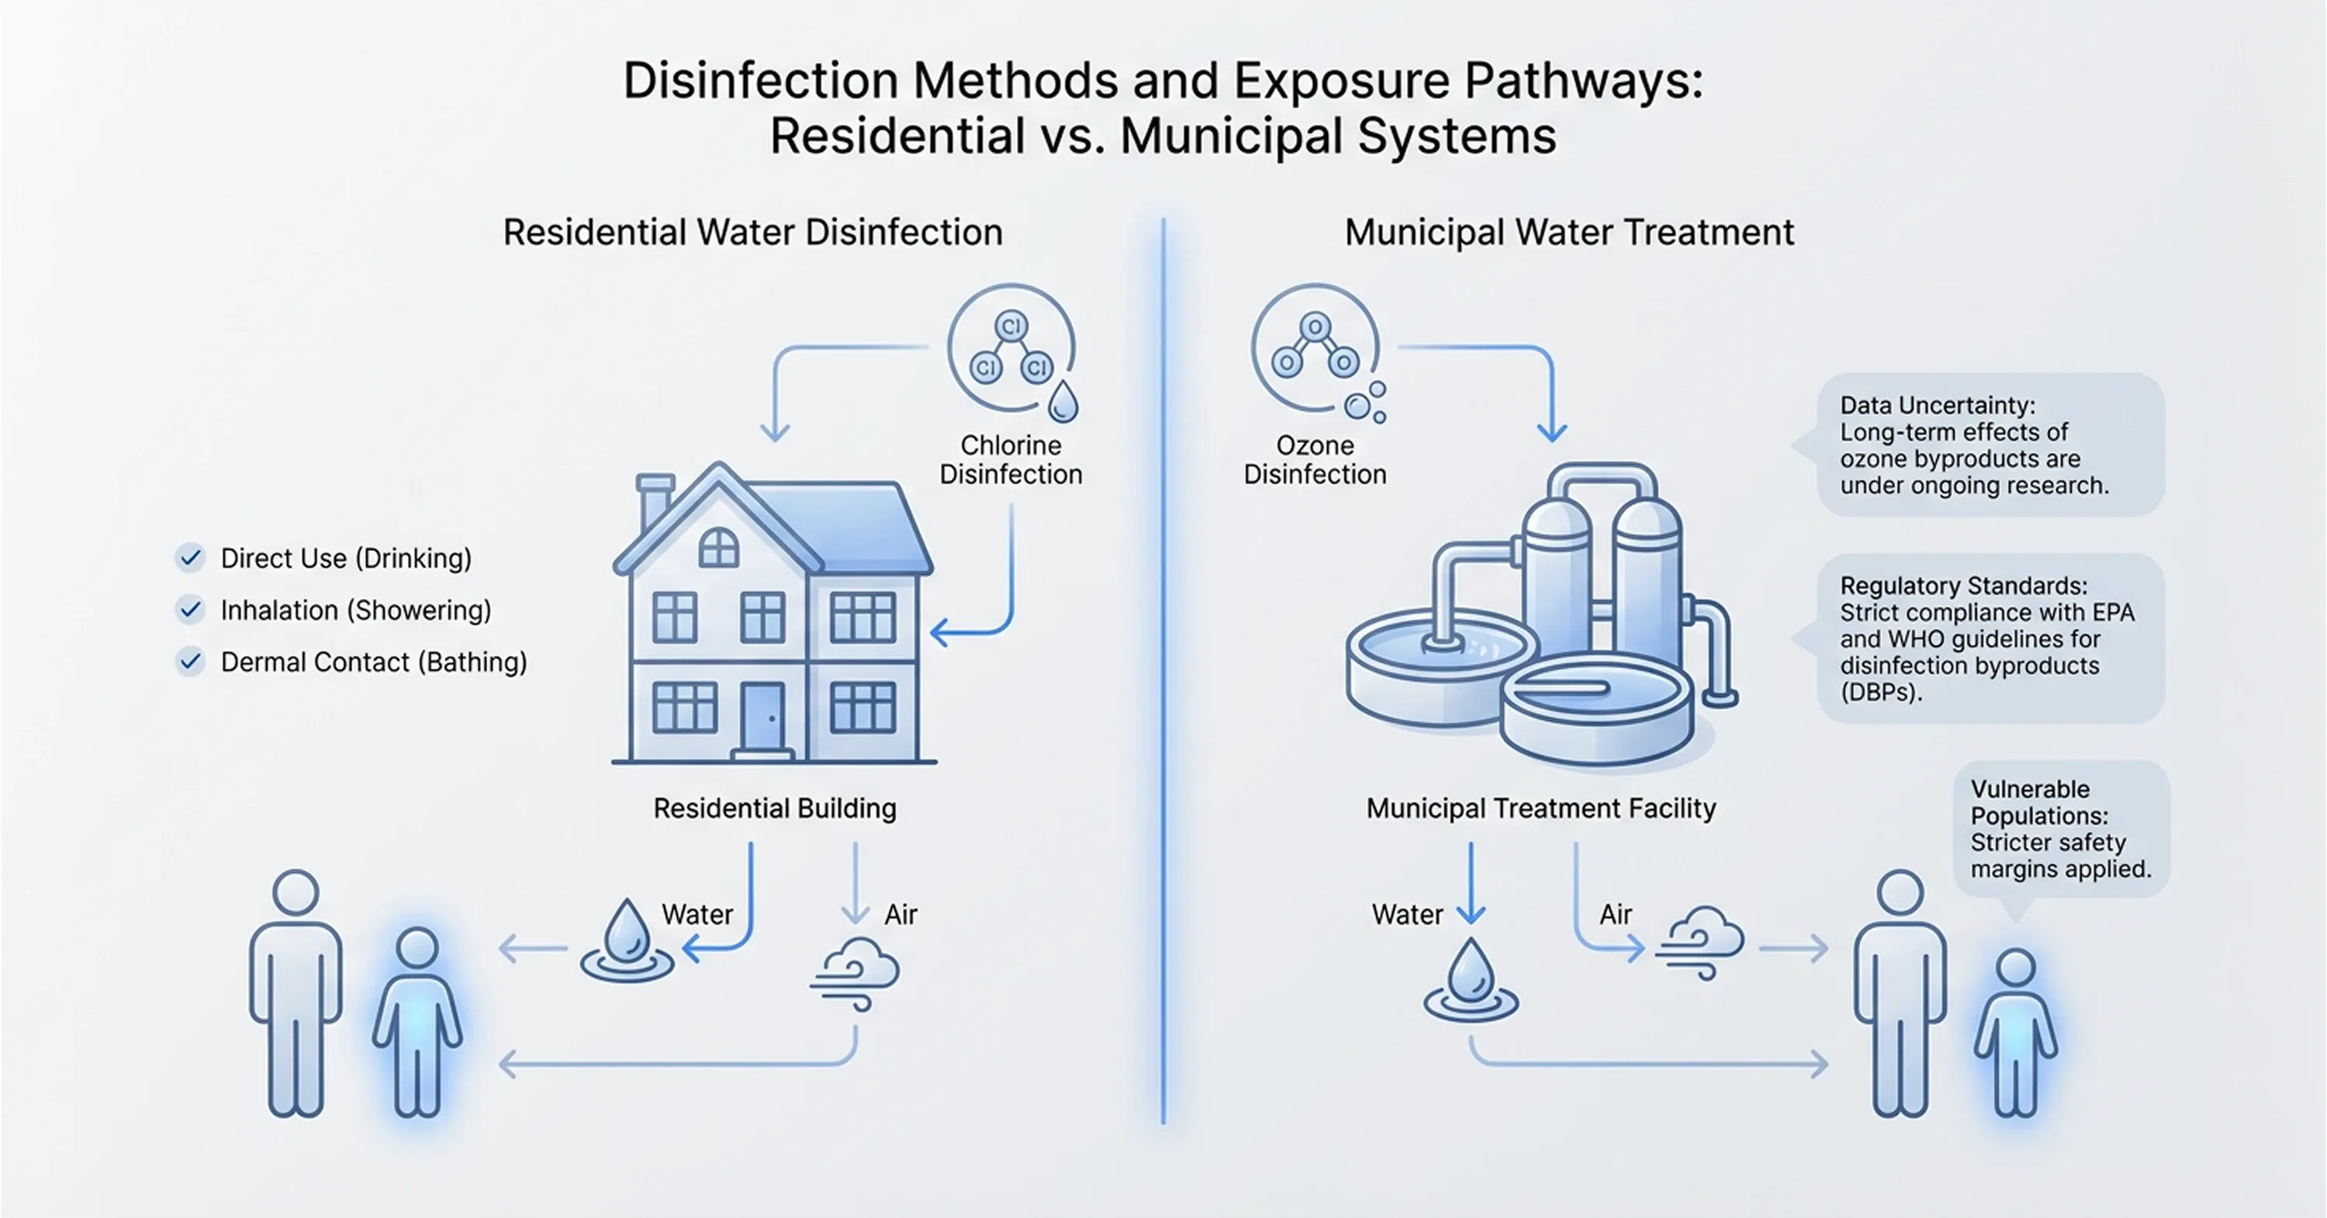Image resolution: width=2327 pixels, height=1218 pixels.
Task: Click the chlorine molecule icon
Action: tap(1011, 351)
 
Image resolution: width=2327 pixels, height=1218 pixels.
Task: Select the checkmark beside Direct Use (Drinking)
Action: tap(190, 559)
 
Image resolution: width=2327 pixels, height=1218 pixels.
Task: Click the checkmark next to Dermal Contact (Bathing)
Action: tap(190, 663)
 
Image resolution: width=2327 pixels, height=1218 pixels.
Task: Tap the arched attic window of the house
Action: tap(719, 548)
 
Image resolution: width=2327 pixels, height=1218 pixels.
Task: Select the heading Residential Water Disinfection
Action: tap(752, 232)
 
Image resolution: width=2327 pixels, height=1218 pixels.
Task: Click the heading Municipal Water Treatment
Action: tap(1569, 232)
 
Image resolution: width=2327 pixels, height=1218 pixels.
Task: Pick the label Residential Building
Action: tap(774, 808)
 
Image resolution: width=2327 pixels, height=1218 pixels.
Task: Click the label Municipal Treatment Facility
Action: tap(1540, 808)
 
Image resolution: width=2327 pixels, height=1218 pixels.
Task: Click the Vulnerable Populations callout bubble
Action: tap(2059, 829)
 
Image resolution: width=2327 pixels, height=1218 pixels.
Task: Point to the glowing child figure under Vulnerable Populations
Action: tap(2015, 1031)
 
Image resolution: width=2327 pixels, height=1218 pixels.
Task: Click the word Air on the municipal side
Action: tap(1615, 915)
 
